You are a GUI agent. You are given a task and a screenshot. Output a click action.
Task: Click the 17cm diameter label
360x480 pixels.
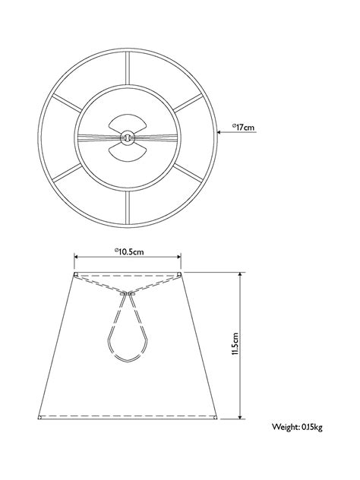(243, 127)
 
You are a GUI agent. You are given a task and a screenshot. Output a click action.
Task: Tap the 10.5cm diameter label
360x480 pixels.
(129, 251)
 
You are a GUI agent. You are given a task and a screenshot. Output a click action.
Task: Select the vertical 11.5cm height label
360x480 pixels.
(235, 344)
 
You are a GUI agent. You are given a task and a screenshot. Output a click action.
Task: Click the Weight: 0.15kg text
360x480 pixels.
(297, 427)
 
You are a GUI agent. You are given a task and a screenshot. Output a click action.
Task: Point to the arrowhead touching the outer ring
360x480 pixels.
(219, 132)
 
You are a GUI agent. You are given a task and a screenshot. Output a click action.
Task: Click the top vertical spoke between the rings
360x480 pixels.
(128, 68)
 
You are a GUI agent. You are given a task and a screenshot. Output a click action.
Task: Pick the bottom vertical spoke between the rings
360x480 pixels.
(128, 207)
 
